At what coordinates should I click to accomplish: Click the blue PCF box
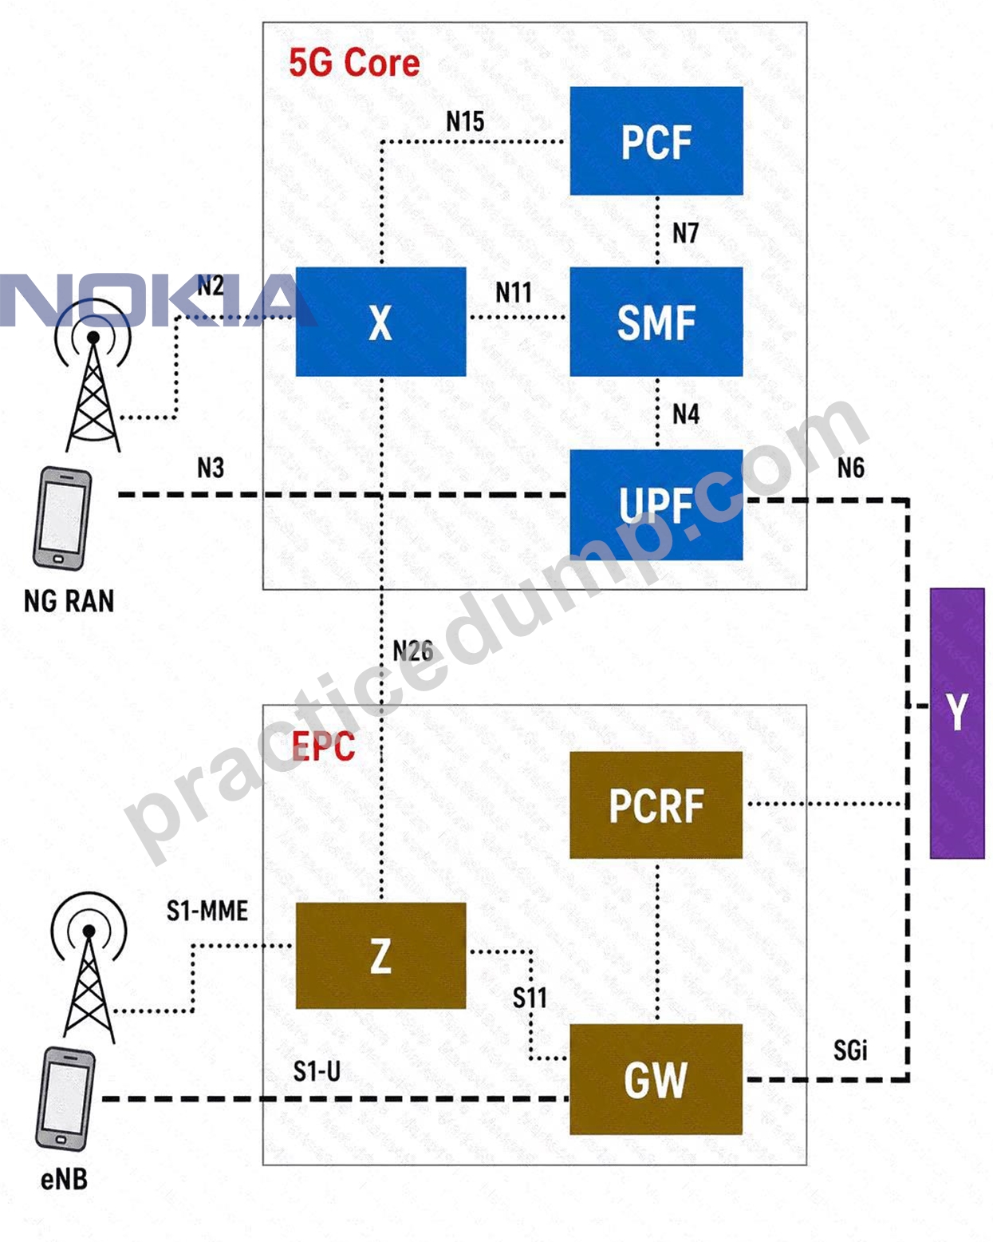[656, 140]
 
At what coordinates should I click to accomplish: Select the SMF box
[656, 322]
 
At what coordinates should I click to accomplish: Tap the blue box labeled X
[380, 322]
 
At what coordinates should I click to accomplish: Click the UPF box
[656, 504]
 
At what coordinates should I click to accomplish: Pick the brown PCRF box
[656, 805]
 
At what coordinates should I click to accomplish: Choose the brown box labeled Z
[380, 955]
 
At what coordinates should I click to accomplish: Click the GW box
[656, 1079]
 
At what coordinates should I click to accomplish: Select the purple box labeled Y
[957, 723]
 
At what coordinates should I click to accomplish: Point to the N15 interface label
[465, 121]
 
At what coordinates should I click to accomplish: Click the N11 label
[513, 292]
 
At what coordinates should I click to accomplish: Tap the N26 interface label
[413, 651]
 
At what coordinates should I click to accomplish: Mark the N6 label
[851, 468]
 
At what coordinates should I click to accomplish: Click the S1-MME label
[207, 911]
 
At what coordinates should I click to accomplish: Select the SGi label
[850, 1050]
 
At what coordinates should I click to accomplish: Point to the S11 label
[530, 997]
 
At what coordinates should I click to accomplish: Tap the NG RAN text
[69, 601]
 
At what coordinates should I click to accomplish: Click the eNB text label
[64, 1179]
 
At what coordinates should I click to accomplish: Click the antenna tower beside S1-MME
[89, 967]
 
